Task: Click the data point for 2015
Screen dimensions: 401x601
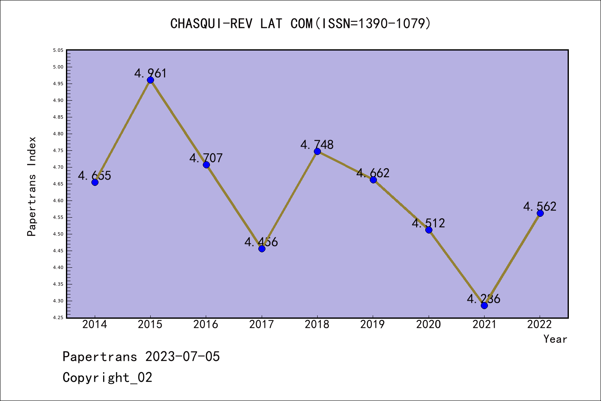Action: coord(150,80)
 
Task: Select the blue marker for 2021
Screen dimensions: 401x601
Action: coord(484,305)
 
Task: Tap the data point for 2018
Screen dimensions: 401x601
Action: coord(317,151)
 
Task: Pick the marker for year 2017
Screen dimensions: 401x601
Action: coord(262,249)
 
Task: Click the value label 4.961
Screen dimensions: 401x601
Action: coord(150,73)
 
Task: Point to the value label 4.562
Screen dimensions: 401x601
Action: coord(540,206)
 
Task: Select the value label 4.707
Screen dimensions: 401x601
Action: coord(206,158)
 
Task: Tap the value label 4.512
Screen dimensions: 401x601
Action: coord(428,223)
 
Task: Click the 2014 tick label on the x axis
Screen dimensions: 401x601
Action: coord(95,325)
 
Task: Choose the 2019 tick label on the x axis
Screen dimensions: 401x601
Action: coord(373,325)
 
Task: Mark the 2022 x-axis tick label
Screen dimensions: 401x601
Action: coord(540,325)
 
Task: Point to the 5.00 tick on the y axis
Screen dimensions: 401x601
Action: coord(58,67)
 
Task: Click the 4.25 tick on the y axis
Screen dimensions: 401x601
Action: coord(58,317)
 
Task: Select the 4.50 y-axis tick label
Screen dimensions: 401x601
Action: coord(58,234)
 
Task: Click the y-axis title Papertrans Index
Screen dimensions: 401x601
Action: coord(32,186)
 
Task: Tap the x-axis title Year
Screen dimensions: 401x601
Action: coord(555,339)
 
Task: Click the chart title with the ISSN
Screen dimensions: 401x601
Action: coord(300,23)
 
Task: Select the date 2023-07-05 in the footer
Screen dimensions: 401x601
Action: coord(182,357)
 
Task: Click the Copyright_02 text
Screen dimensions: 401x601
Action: coord(107,378)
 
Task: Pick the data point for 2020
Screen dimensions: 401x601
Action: coord(429,230)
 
